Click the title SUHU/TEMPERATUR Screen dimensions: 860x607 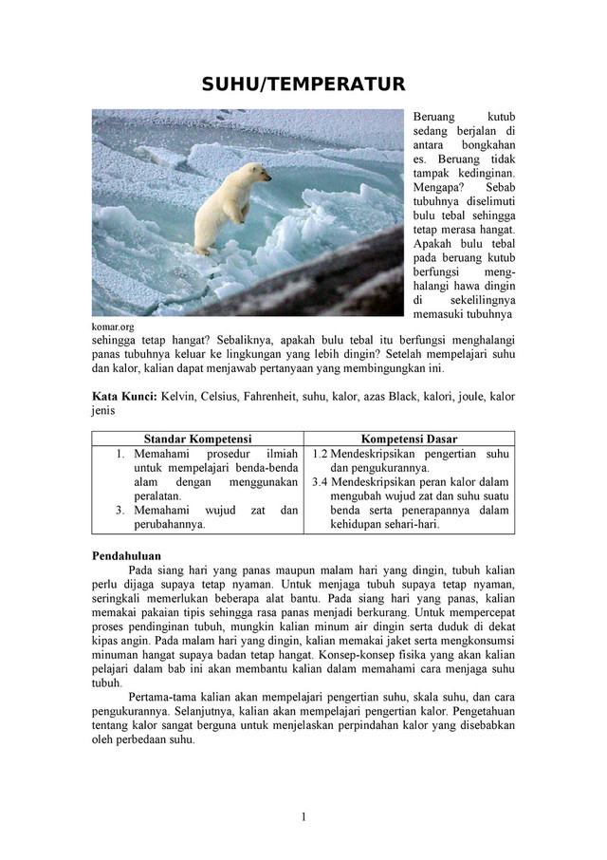[x=303, y=85]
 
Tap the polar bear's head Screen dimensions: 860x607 [x=257, y=174]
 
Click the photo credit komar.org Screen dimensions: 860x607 [x=114, y=327]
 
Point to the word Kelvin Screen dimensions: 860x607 [x=180, y=396]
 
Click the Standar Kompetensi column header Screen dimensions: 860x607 [x=197, y=439]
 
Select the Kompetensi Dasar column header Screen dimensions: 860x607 [x=409, y=439]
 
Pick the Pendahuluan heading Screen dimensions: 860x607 [x=126, y=555]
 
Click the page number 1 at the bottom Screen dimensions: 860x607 [x=303, y=817]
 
